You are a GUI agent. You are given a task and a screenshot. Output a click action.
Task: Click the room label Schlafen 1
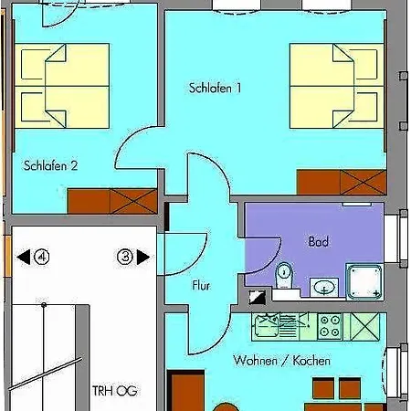pos(216,89)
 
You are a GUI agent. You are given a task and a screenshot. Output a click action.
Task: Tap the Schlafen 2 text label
pos(50,165)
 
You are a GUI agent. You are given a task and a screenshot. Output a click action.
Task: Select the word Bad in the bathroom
pos(319,242)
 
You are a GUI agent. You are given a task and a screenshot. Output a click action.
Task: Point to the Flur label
pos(201,286)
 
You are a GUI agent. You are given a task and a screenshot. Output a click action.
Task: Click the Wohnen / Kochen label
pos(282,361)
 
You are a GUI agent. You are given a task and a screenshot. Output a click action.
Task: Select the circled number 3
pos(125,258)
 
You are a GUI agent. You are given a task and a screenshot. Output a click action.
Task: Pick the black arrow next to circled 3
pos(143,258)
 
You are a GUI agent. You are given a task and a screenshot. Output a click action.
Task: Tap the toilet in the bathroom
pos(284,273)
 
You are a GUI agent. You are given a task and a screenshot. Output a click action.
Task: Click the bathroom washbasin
pos(323,287)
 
